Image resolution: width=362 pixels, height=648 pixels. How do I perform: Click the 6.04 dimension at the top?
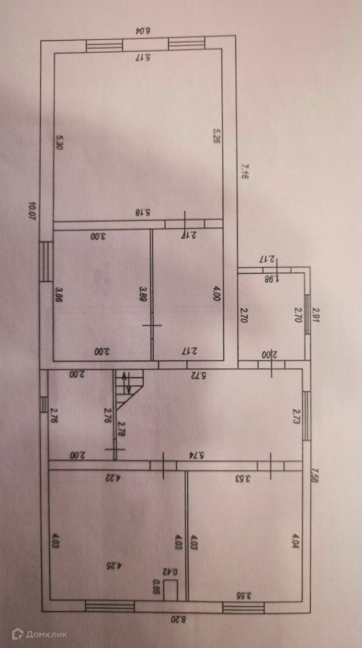143,30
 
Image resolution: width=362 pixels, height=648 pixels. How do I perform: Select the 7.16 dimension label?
244,171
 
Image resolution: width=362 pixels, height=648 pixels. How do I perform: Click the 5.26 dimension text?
216,137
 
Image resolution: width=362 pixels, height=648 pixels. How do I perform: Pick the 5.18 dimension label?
143,213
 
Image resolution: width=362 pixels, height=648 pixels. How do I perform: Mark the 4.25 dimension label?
118,566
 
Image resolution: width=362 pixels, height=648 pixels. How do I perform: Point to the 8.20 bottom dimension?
178,620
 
